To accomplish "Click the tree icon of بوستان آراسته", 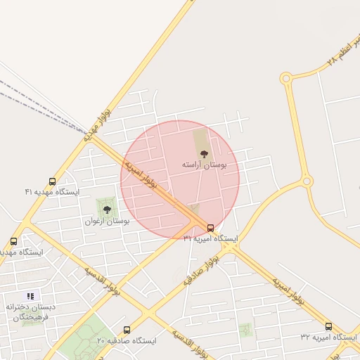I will tap(204, 153).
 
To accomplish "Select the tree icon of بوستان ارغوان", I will tap(107, 210).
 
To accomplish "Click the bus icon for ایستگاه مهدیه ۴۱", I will tap(52, 181).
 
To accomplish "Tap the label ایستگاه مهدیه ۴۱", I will tap(52, 192).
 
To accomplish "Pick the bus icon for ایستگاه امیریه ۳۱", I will tap(211, 227).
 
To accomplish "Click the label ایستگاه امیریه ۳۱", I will tap(210, 239).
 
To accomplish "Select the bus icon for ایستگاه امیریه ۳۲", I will tap(328, 326).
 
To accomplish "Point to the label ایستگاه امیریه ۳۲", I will tap(328, 338).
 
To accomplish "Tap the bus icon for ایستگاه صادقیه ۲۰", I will tap(127, 330).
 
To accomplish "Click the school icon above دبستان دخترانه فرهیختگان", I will tap(30, 296).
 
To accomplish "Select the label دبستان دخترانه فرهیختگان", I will tap(30, 313).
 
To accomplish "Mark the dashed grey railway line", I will tap(28, 98).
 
